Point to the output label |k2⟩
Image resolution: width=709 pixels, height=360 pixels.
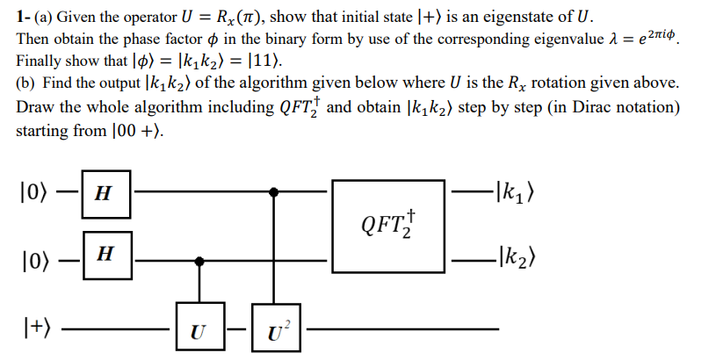[517, 258]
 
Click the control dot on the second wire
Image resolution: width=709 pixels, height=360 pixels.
[201, 260]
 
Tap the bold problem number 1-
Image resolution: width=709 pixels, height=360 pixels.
[24, 18]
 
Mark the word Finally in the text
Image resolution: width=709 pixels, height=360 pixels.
[40, 62]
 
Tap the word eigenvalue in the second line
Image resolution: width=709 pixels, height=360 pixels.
[552, 40]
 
